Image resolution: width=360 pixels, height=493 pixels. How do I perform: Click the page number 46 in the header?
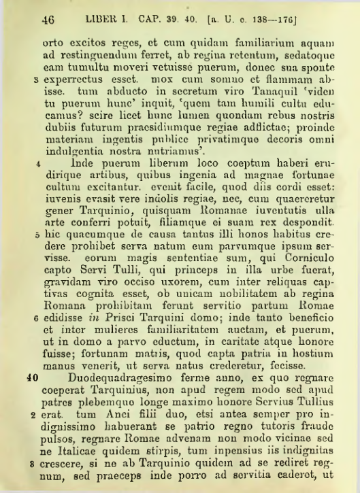point(47,20)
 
